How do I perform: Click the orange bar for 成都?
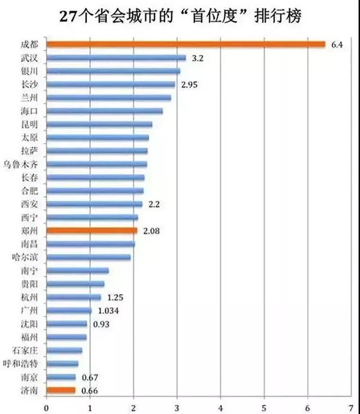coord(186,44)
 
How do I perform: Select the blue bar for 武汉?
coord(116,58)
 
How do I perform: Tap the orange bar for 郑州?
coord(92,230)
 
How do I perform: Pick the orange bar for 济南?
coord(61,390)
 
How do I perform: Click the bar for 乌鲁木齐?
coord(97,164)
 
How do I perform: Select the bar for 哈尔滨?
coord(89,257)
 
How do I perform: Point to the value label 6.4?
coord(337,45)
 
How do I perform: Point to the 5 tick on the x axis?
coord(264,406)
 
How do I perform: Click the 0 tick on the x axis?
coord(46,406)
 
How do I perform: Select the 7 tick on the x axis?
coord(351,406)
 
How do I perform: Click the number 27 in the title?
coord(67,17)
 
